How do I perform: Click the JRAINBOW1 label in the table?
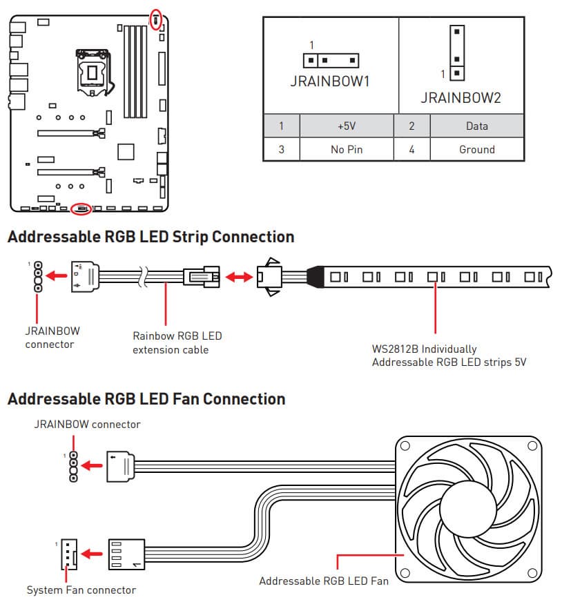coord(330,81)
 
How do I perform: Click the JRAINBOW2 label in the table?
coord(461,98)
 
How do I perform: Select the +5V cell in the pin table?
coord(346,126)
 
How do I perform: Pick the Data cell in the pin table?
coord(476,126)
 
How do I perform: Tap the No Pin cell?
coord(346,149)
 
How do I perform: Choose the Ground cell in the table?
coord(476,149)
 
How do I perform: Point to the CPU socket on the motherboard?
coord(92,70)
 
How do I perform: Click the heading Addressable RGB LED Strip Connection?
coord(151,237)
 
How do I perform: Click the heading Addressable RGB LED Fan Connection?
coord(146,399)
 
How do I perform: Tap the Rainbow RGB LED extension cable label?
coord(177,342)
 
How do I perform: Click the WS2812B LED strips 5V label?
coord(449,356)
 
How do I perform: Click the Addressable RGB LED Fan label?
coord(323,581)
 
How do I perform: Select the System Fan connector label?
coord(81,590)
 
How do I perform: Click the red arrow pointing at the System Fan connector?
coord(91,554)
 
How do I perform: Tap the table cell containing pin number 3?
coord(281,149)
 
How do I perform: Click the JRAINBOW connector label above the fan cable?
coord(87,424)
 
